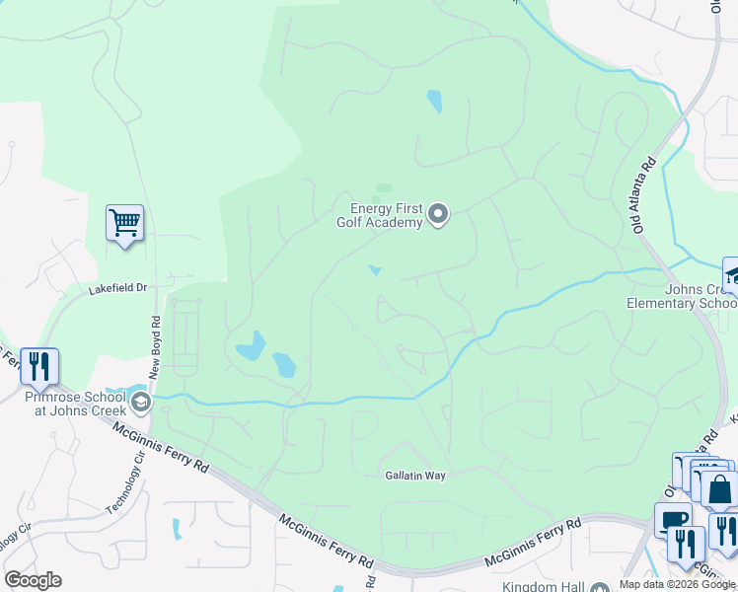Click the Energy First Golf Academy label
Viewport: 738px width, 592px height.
[x=387, y=215]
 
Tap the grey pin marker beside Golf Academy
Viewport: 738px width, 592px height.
[x=439, y=213]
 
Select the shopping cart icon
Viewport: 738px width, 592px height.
[x=125, y=223]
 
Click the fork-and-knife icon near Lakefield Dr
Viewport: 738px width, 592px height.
[x=38, y=366]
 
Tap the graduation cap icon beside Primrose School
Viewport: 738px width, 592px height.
[x=143, y=401]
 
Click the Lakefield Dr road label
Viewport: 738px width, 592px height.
[x=116, y=288]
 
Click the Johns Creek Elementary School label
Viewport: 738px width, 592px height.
[x=681, y=296]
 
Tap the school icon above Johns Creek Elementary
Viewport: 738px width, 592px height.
[x=731, y=275]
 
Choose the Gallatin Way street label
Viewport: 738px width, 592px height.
[x=415, y=476]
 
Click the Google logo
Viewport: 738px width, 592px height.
[x=33, y=580]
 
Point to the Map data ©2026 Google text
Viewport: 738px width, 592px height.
[x=677, y=584]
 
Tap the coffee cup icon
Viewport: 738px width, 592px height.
[x=673, y=520]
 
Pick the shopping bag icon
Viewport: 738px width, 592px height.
[x=719, y=488]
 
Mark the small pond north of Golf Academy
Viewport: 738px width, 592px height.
[x=433, y=102]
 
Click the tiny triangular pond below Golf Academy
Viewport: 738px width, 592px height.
[x=375, y=270]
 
